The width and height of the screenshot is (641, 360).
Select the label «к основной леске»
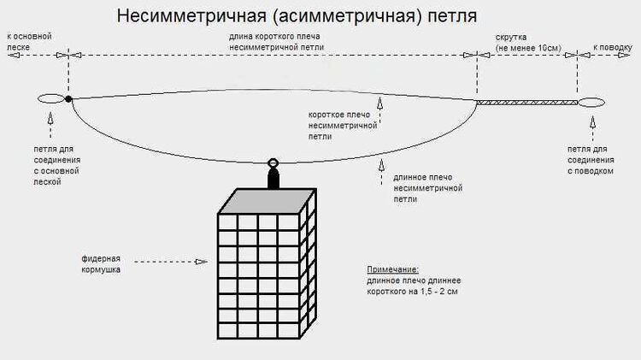(x=29, y=41)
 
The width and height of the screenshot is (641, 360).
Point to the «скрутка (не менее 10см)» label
(x=527, y=42)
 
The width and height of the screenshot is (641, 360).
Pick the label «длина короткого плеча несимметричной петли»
(x=270, y=42)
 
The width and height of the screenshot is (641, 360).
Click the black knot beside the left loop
(x=68, y=99)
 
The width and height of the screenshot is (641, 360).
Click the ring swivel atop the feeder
(x=273, y=163)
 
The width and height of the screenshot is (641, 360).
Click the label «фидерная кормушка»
(x=101, y=263)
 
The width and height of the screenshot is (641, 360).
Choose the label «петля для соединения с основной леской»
(x=53, y=165)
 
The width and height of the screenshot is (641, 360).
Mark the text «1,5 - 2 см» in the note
(x=458, y=293)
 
